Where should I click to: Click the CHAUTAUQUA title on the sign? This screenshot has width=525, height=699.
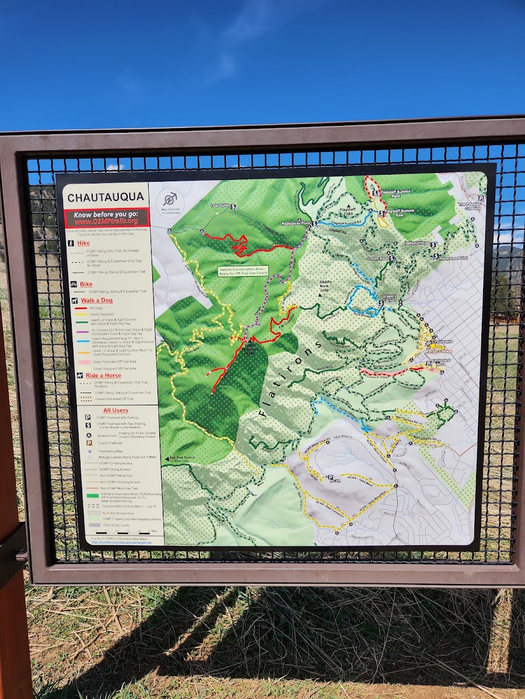105,197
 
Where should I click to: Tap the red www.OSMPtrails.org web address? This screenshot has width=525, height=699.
106,221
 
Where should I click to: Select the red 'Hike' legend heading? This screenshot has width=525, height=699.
83,242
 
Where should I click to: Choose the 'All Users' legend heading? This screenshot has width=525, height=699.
116,411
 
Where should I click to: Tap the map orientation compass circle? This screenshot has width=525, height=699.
170,199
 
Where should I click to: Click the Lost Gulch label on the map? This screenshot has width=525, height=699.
220,206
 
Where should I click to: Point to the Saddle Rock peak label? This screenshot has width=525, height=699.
324,285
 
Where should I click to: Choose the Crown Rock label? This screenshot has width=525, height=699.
378,257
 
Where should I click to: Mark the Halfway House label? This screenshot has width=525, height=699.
416,243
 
